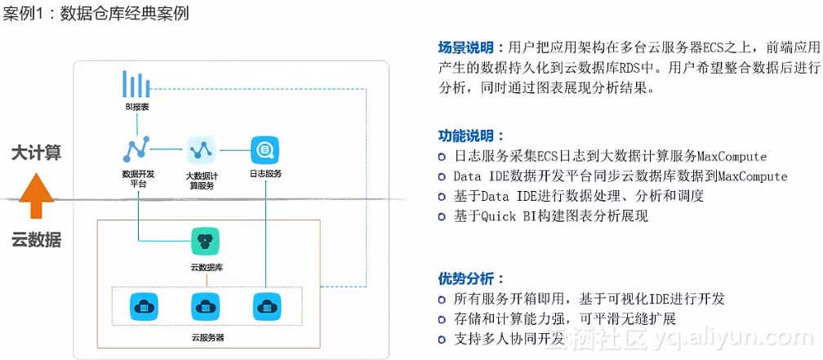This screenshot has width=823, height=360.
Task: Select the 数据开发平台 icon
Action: pos(136,149)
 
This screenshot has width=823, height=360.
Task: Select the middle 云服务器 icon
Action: pos(204,306)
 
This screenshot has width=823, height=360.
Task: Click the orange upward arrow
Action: pos(36,196)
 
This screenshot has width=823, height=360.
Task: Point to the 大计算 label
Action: pos(36,153)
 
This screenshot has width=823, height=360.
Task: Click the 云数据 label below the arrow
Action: pos(36,240)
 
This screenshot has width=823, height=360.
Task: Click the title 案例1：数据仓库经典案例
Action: pos(96,14)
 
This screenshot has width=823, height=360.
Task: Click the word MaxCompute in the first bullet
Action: pos(732,156)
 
